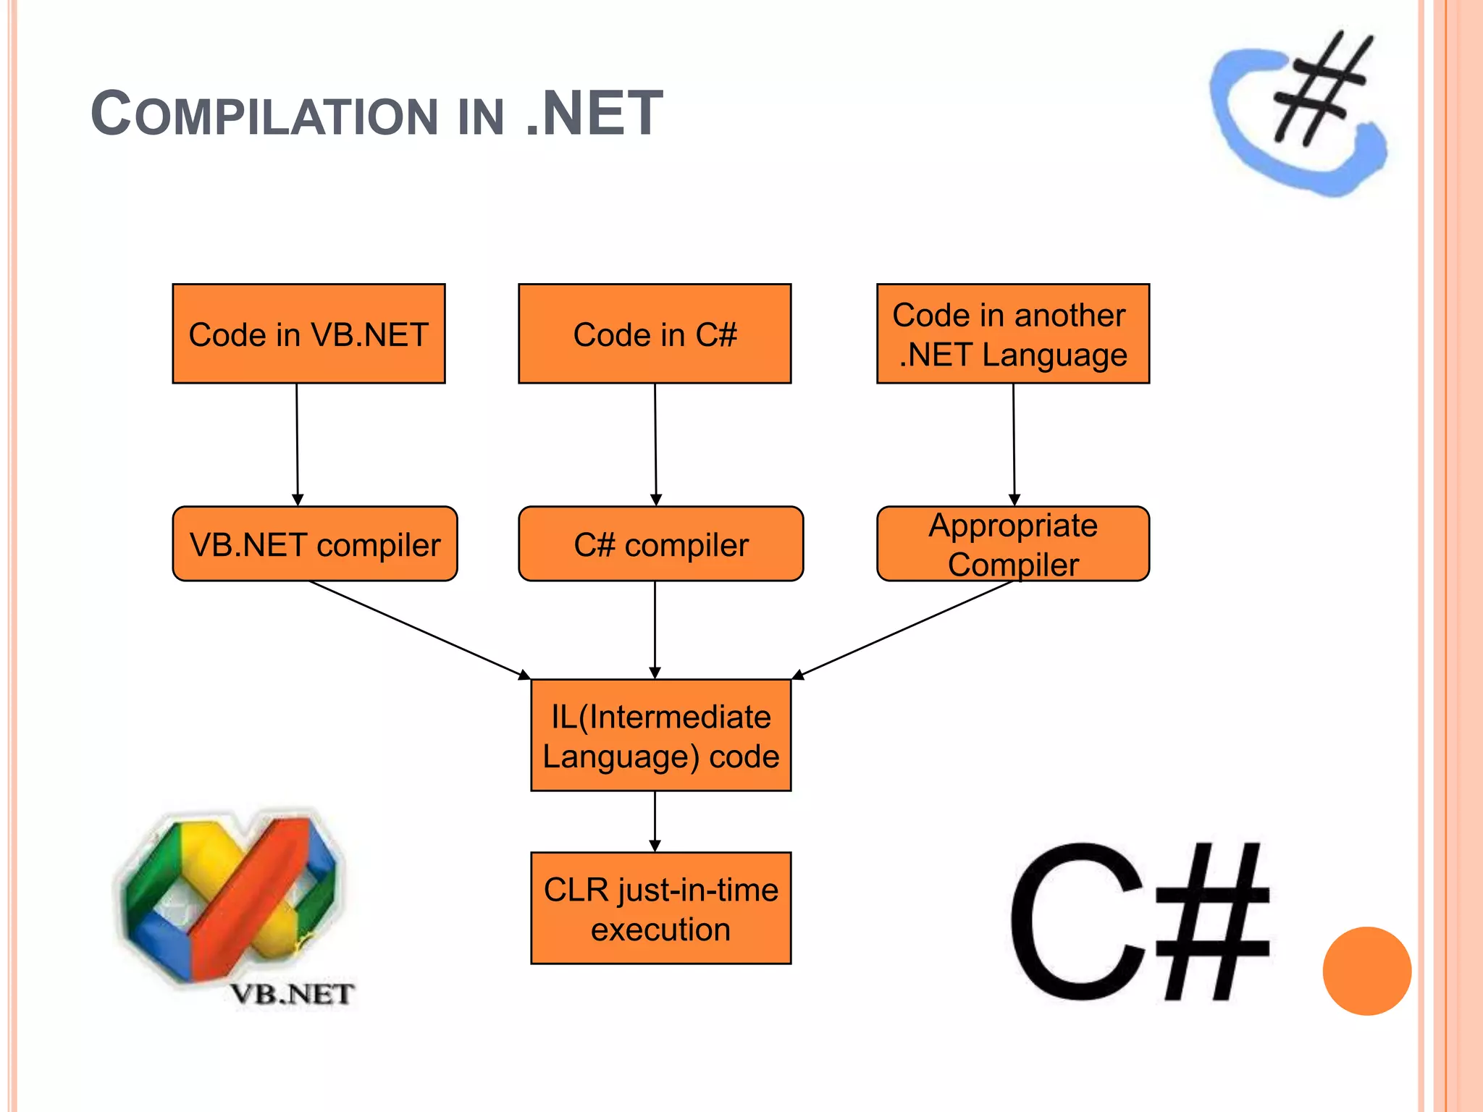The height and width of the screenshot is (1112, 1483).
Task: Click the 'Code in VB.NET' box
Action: pyautogui.click(x=308, y=334)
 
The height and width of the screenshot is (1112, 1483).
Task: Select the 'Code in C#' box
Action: pyautogui.click(x=655, y=334)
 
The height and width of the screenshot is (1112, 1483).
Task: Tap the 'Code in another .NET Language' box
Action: pyautogui.click(x=1012, y=334)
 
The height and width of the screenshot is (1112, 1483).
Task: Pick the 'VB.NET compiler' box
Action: pyautogui.click(x=314, y=544)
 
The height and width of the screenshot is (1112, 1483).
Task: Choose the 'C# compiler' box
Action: pyautogui.click(x=660, y=544)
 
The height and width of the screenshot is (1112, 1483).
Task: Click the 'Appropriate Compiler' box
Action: pyautogui.click(x=1012, y=544)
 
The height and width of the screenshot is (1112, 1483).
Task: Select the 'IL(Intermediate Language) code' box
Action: pyautogui.click(x=660, y=735)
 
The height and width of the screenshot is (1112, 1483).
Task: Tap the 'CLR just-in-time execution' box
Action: pyautogui.click(x=660, y=908)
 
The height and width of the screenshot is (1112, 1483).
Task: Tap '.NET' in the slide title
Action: pyautogui.click(x=594, y=114)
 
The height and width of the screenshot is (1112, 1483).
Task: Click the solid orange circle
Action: pyautogui.click(x=1366, y=971)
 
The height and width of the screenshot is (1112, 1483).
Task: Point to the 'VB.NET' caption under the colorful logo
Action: pyautogui.click(x=292, y=994)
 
